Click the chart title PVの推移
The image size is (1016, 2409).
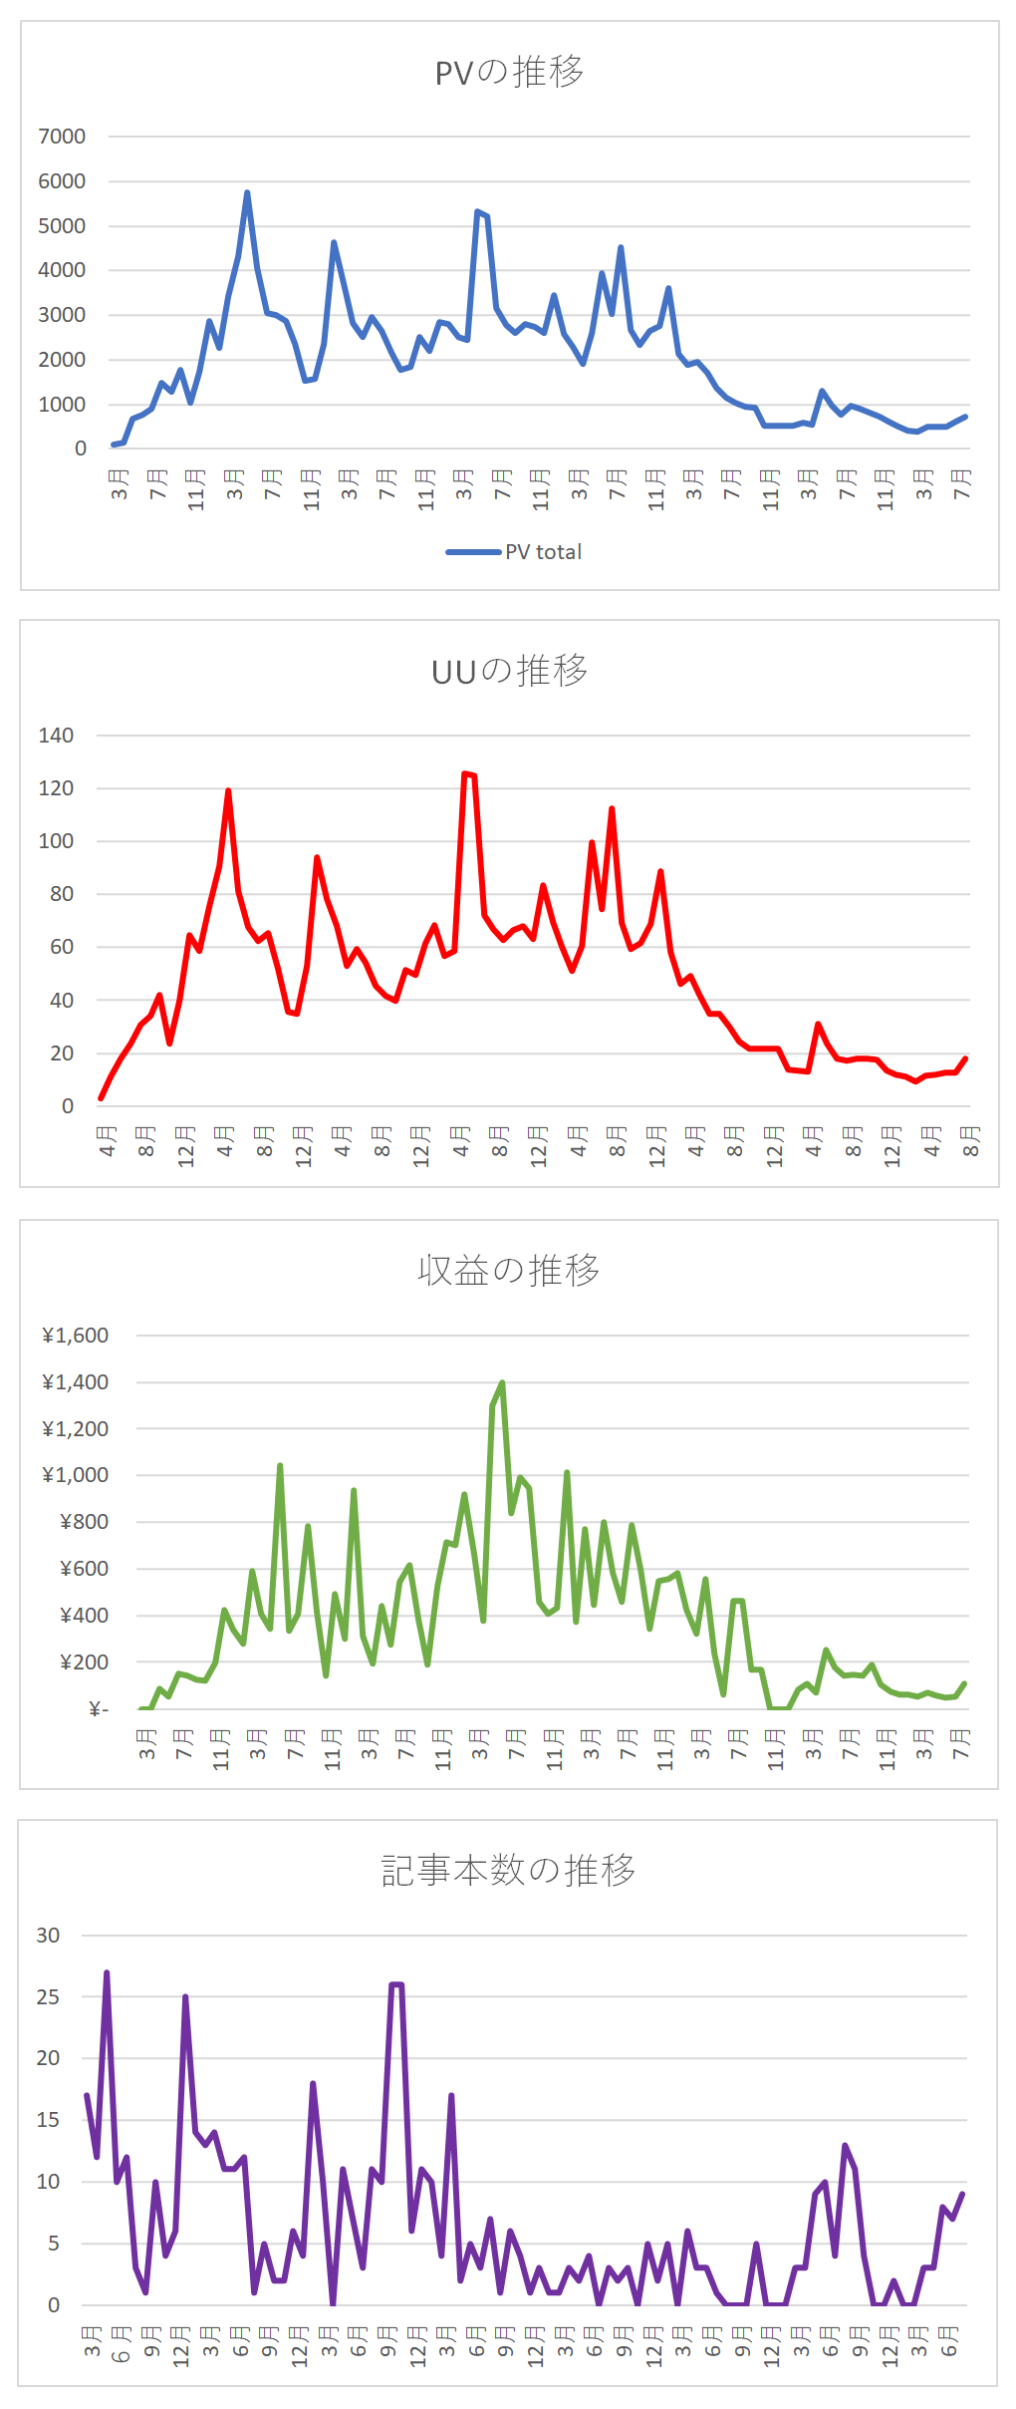[509, 73]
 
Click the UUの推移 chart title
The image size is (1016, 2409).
[509, 672]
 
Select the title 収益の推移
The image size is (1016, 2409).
[509, 1271]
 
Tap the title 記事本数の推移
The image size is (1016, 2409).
[508, 1871]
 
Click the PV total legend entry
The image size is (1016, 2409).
[515, 552]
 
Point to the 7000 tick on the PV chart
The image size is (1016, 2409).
[62, 137]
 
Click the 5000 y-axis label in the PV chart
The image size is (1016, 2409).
[62, 226]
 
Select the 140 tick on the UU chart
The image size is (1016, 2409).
[56, 736]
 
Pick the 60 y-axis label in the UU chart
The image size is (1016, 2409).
[62, 947]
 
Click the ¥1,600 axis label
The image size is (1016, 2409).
[75, 1336]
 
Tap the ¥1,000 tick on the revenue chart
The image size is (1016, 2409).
[75, 1475]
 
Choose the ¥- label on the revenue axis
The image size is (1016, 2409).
[98, 1710]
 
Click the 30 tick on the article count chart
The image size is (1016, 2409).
[48, 1936]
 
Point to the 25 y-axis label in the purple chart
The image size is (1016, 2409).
[48, 1997]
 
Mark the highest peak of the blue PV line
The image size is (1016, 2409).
[247, 192]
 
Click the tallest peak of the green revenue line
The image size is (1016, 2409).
[502, 1382]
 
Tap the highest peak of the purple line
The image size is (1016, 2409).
[107, 1972]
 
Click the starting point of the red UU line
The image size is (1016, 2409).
[102, 1098]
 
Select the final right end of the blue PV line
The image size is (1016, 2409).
[965, 417]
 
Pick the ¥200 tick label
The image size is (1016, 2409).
[84, 1662]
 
